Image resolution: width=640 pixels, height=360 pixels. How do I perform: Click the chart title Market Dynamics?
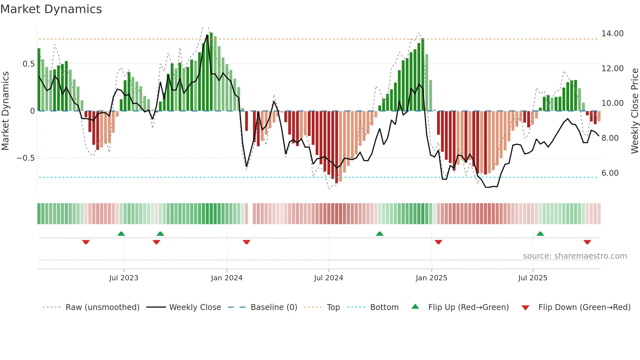(x=51, y=9)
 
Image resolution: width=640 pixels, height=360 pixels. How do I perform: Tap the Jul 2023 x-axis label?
(x=124, y=278)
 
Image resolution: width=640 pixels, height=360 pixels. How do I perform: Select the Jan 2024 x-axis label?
(x=227, y=278)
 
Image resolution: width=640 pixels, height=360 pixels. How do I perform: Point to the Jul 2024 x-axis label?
(x=328, y=278)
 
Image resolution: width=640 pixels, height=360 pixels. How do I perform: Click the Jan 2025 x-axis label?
(x=431, y=278)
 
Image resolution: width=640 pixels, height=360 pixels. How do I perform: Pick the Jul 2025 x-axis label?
(x=533, y=278)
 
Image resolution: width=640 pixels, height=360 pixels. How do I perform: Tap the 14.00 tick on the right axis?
(x=612, y=34)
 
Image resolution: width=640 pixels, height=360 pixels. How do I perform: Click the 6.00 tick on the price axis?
(x=610, y=173)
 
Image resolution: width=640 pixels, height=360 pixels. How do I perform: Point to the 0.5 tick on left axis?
(x=28, y=64)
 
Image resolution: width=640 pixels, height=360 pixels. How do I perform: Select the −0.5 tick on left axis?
(x=26, y=158)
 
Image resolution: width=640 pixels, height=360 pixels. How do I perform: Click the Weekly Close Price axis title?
(x=634, y=111)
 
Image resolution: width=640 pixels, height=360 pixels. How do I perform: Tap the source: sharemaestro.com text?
(x=575, y=256)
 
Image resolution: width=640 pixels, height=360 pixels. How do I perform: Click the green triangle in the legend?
(x=415, y=306)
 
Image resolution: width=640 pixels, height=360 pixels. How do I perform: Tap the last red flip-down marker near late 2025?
(x=587, y=242)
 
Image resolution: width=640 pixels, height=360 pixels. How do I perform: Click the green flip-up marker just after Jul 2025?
(x=540, y=234)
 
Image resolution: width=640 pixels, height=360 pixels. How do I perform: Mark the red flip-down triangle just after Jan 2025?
(x=438, y=242)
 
